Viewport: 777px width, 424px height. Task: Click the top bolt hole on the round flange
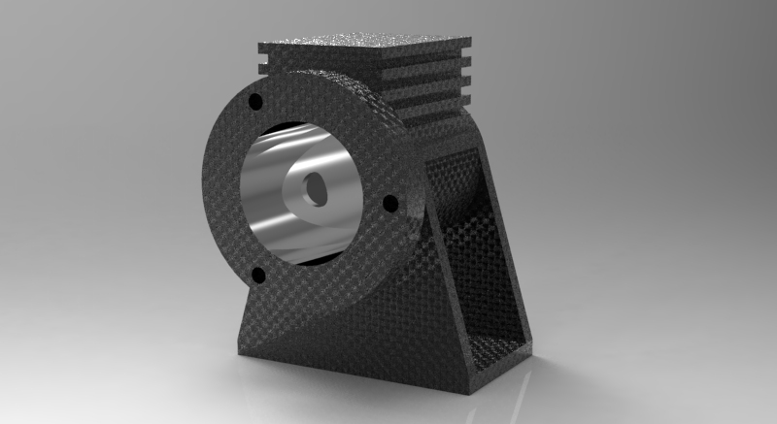(x=256, y=102)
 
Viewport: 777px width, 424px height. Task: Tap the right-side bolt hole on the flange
(x=390, y=205)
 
